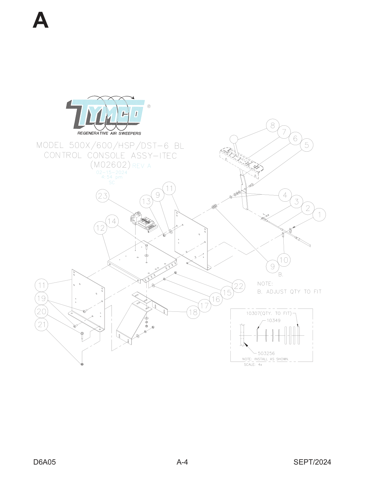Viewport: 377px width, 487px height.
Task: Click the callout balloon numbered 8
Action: [x=273, y=125]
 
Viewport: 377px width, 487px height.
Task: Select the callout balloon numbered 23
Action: [x=103, y=196]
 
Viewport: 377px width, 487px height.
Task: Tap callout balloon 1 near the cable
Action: [x=319, y=215]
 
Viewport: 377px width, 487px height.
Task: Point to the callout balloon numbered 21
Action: [x=42, y=325]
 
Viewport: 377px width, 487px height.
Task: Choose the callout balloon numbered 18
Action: [x=193, y=312]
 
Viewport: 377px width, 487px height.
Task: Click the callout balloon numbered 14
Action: [x=112, y=221]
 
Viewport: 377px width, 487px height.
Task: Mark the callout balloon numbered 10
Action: [x=284, y=260]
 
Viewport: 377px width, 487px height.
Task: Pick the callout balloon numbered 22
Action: [x=239, y=286]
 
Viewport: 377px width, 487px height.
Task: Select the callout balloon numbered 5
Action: [x=307, y=145]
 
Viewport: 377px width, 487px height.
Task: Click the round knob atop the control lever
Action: [x=234, y=139]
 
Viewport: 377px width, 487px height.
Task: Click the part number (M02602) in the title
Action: [x=111, y=165]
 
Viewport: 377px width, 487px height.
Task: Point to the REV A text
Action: [x=142, y=166]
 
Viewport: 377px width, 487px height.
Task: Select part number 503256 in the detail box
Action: [x=266, y=353]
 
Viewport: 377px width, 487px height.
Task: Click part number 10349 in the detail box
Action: [x=274, y=320]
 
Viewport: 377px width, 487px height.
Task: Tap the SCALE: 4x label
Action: [x=253, y=365]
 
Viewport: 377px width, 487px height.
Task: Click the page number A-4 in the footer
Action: [x=182, y=462]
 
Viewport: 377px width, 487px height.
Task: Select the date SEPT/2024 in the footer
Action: [x=312, y=462]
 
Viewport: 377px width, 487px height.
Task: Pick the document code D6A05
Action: [x=45, y=462]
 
